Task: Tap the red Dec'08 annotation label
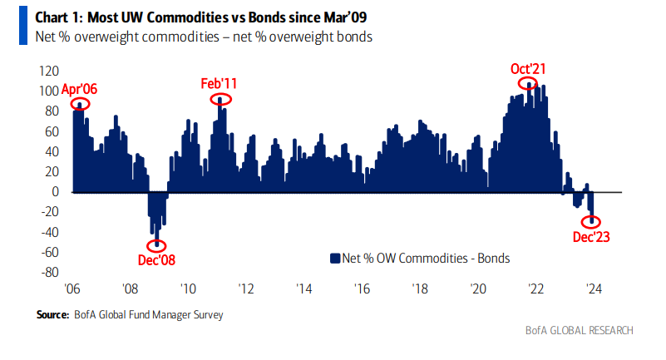(x=156, y=259)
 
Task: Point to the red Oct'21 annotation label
(x=528, y=68)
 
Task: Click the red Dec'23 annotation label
(x=591, y=237)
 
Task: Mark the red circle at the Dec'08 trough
(x=156, y=244)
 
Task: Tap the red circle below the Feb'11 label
(x=220, y=99)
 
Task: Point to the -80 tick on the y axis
(x=48, y=272)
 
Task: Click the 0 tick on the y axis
(x=56, y=191)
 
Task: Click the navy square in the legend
(x=336, y=259)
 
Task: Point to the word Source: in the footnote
(x=52, y=315)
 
